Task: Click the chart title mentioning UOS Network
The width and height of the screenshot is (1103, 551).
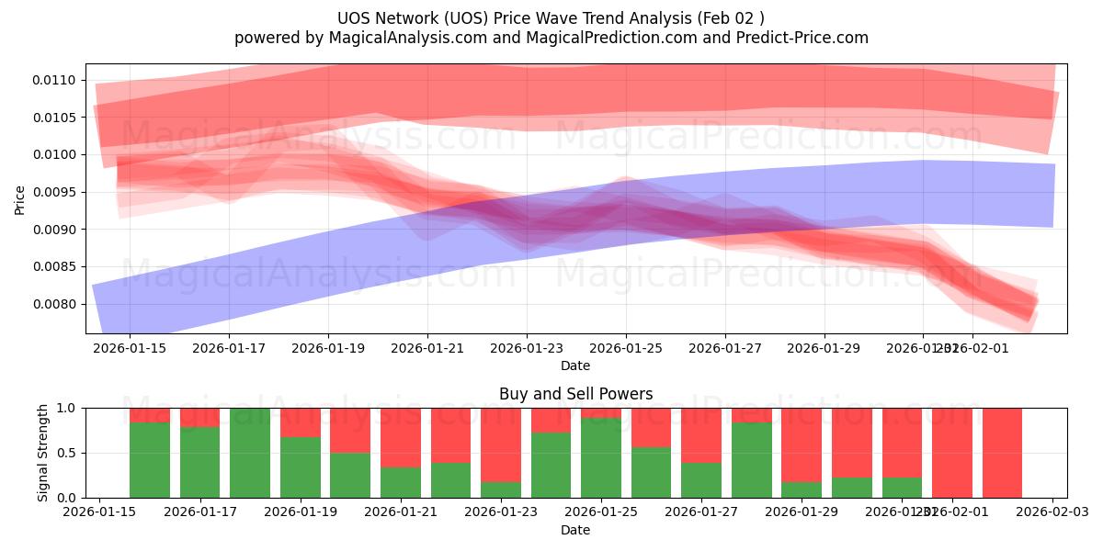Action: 551,18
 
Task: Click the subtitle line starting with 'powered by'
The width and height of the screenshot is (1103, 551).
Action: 551,38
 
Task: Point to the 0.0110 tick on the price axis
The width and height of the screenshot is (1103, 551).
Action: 57,80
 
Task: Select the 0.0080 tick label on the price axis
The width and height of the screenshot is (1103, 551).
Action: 57,304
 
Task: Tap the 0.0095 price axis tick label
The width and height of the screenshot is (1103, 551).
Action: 57,192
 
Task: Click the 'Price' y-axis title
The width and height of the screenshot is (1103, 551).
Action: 20,198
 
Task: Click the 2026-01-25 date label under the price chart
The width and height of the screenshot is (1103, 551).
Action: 626,348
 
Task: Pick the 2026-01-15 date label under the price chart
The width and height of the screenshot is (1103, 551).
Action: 129,348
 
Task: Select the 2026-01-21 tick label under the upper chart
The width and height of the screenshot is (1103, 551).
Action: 427,348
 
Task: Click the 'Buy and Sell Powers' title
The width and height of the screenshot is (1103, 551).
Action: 575,394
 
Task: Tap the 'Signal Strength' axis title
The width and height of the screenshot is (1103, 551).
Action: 43,453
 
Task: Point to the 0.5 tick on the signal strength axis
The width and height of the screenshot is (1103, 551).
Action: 67,453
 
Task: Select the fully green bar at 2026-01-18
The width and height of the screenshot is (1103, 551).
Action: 250,453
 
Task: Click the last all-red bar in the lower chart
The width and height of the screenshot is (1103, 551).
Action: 1002,453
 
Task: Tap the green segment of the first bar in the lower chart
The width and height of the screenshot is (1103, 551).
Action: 150,460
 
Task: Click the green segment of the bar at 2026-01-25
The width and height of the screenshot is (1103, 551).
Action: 601,458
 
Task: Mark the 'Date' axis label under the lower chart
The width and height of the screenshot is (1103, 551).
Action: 575,530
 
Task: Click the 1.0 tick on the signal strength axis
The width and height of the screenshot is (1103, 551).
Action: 67,408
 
